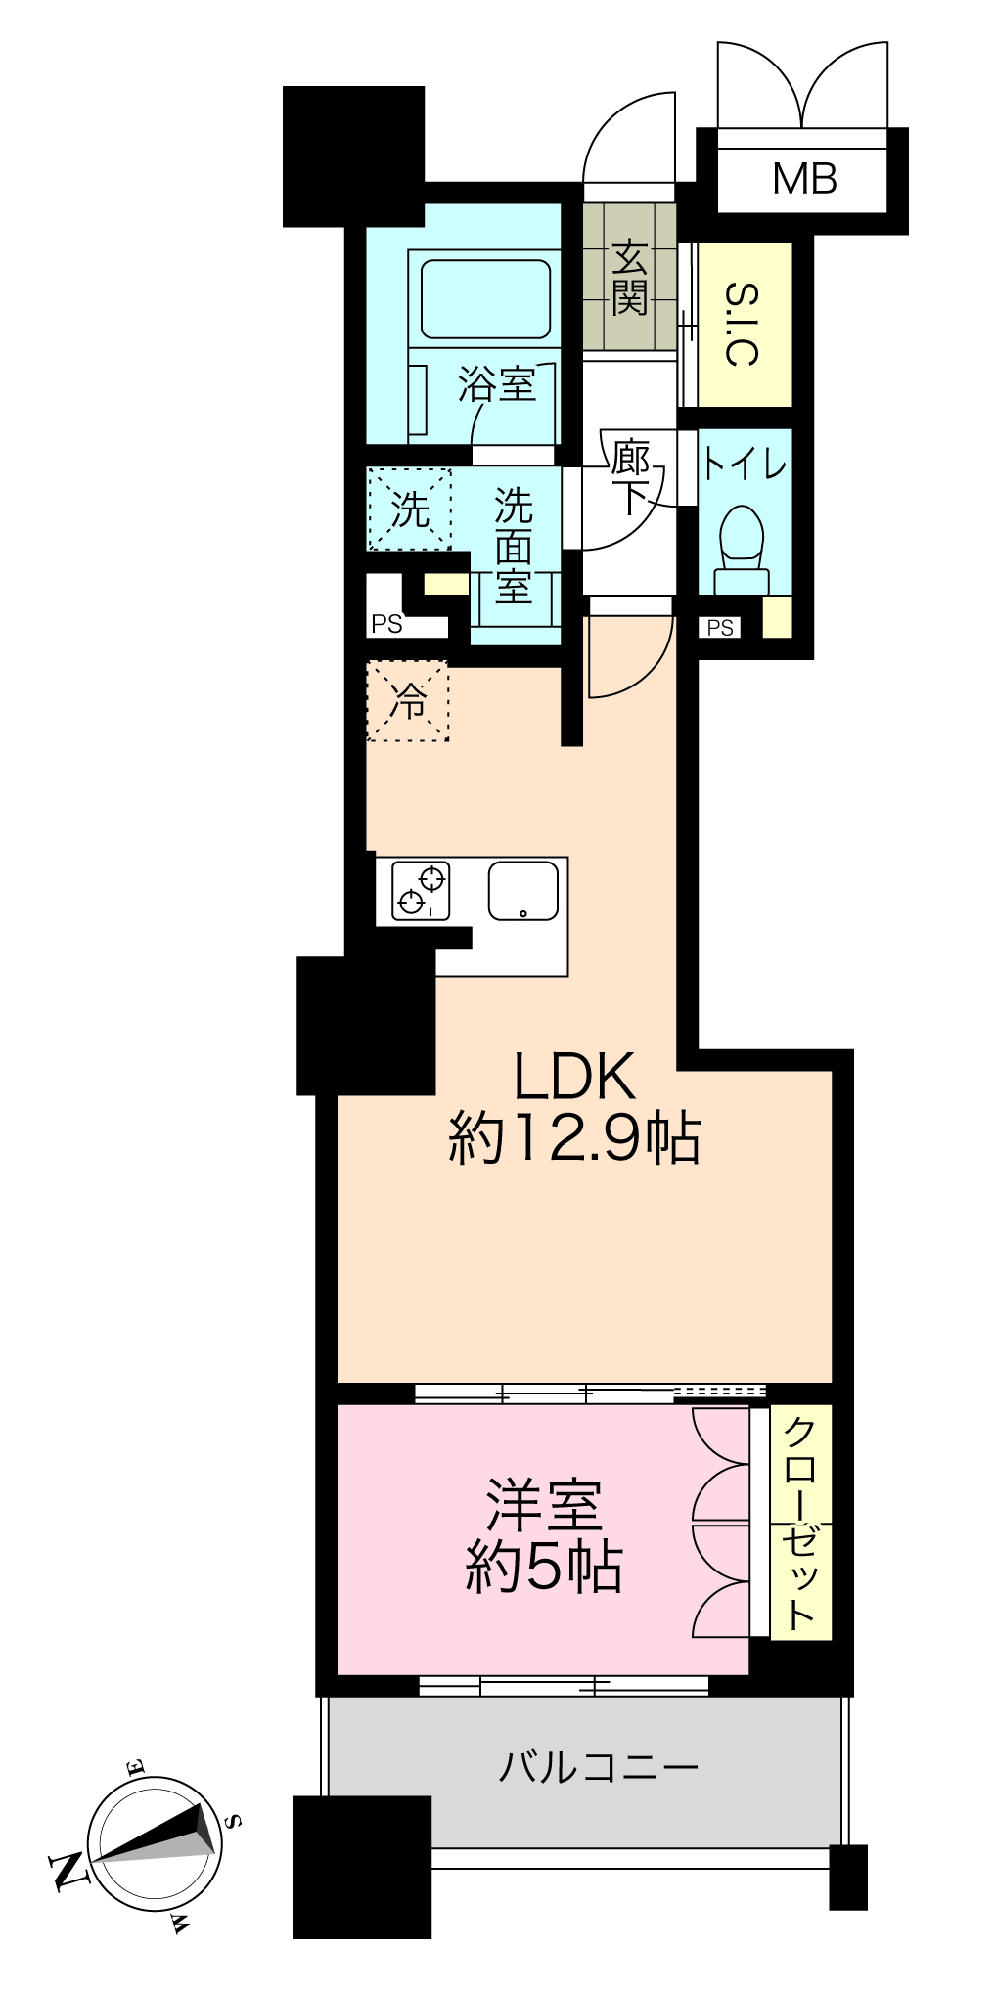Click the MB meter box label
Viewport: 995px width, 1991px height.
tap(804, 179)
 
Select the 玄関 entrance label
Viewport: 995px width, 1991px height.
tap(629, 277)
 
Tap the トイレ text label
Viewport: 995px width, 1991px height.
tap(745, 464)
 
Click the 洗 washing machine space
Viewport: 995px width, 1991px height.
tap(409, 509)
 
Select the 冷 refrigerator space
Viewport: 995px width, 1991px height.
tap(408, 700)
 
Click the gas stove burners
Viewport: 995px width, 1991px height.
tap(422, 890)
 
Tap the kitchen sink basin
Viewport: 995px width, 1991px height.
tap(523, 890)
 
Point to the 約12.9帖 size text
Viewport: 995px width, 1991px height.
tap(574, 1137)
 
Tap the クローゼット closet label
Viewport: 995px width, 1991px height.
tap(800, 1523)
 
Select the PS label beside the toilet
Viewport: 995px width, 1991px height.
tap(720, 628)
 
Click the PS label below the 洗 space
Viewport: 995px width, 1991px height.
tap(386, 624)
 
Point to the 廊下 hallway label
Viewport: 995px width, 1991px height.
tap(631, 477)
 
